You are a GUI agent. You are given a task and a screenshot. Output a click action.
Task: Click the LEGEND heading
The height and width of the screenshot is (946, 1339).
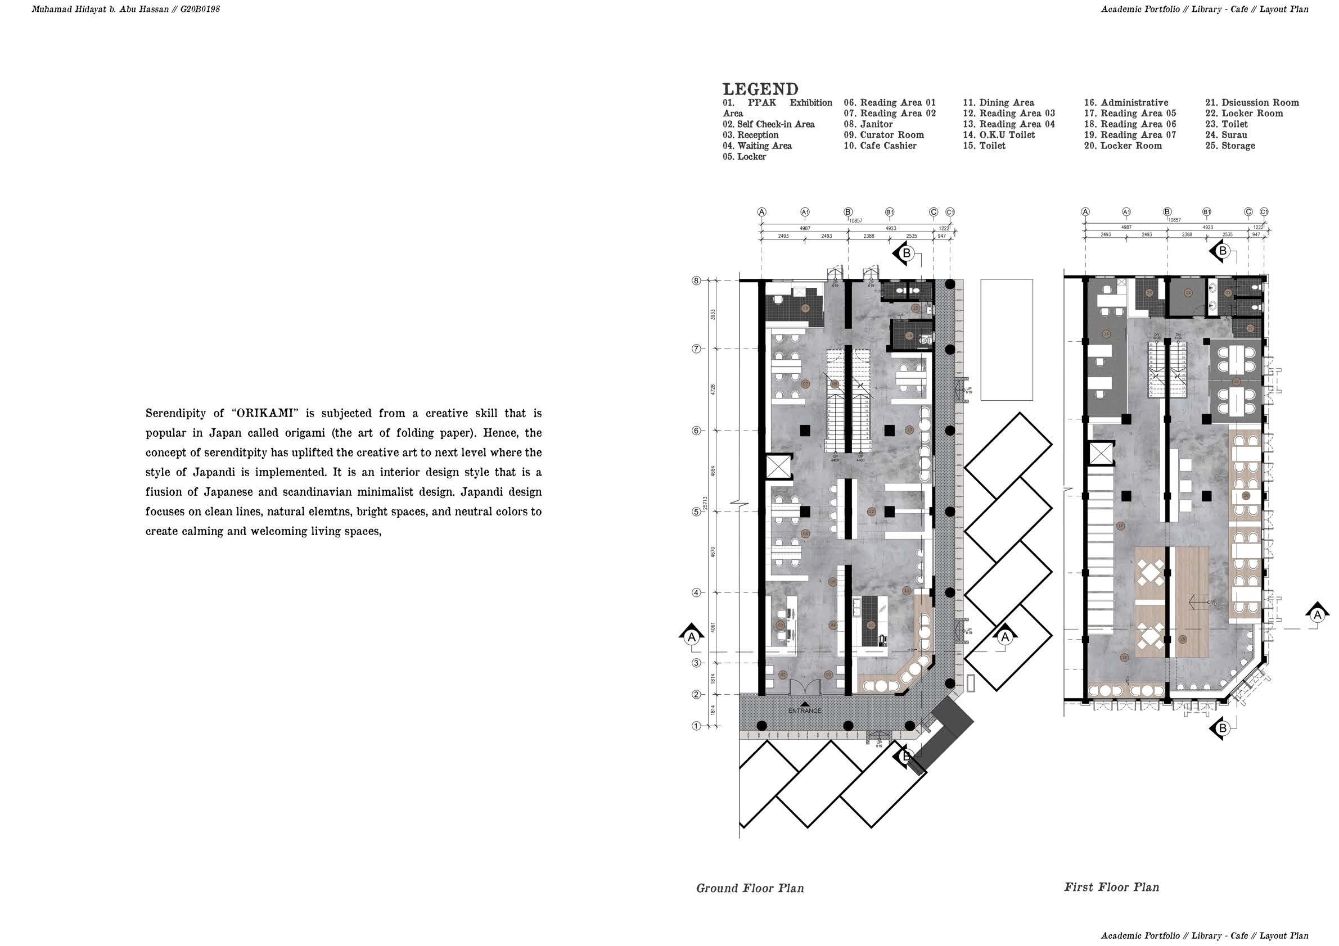pos(760,89)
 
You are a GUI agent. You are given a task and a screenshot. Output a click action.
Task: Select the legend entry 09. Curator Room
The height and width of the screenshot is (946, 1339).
pos(883,135)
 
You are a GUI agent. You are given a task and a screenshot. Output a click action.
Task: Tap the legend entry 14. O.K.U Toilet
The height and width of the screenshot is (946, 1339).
pos(998,135)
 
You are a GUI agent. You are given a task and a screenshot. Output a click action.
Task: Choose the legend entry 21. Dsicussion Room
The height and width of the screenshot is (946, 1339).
pos(1251,103)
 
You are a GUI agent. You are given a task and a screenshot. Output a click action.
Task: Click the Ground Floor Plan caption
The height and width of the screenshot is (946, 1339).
pos(750,888)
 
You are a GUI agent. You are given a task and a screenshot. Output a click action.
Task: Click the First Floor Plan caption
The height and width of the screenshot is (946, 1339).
pos(1111,887)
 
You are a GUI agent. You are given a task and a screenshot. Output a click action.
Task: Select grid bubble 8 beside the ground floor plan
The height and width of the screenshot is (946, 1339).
pos(696,281)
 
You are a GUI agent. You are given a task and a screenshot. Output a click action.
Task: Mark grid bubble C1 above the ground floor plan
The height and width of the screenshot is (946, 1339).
pos(950,212)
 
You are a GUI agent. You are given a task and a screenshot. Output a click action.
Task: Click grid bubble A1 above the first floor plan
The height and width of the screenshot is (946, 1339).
pos(1126,212)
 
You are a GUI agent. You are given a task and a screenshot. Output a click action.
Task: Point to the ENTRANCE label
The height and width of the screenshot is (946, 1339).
pos(804,711)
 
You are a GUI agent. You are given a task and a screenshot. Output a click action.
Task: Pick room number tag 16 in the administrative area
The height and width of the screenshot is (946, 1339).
pos(1106,334)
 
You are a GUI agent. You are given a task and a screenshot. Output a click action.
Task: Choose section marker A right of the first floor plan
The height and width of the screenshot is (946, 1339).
pos(1317,614)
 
